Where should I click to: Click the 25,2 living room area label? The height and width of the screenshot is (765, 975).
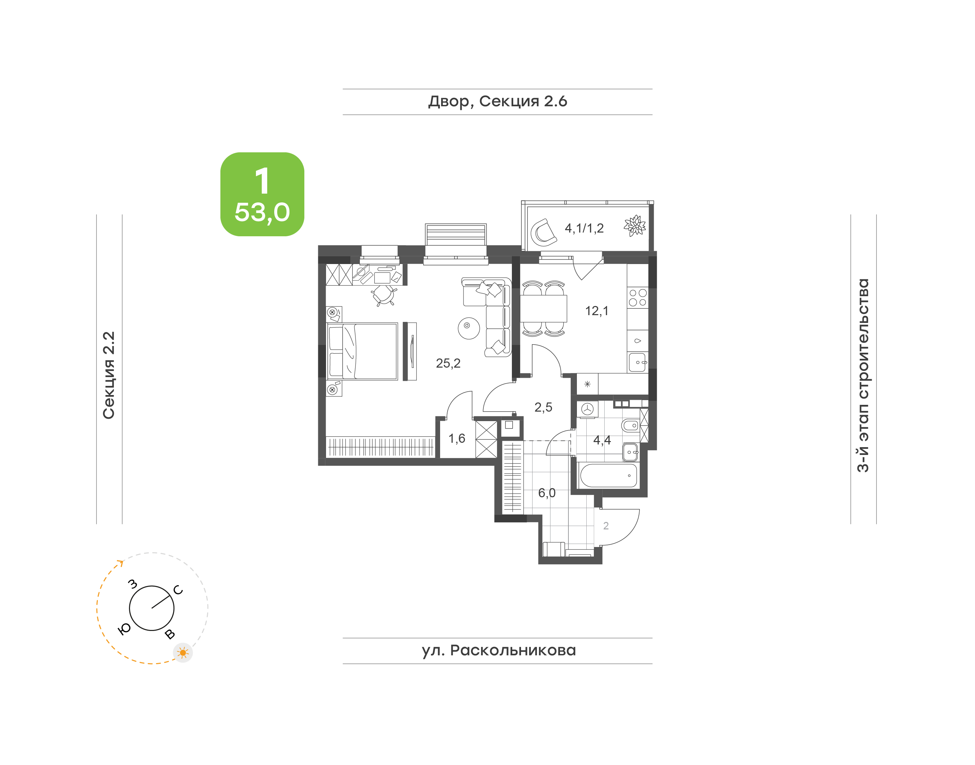pos(448,363)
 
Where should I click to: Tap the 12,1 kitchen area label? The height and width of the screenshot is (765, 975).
pos(597,311)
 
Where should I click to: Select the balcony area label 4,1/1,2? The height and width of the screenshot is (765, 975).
pos(584,228)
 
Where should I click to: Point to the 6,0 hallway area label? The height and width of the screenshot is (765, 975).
pos(546,493)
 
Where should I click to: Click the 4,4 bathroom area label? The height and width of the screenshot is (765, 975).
pos(602,440)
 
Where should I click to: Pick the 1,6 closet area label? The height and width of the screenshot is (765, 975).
pos(457,438)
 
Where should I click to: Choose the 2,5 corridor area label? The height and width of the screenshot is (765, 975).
pos(543,407)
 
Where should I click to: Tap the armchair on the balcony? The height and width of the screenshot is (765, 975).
pos(543,233)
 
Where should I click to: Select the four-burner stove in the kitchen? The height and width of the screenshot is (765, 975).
pos(638,298)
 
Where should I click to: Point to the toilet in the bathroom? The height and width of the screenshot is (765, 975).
pos(630,425)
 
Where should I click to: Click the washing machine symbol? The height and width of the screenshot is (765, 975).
pos(587,409)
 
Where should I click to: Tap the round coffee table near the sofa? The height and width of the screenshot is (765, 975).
pos(469,328)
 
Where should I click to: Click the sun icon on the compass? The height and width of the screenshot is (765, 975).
pos(183,653)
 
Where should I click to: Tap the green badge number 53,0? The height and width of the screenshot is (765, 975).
pos(262,212)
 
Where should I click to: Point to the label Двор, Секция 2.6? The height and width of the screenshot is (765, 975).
pos(498,102)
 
